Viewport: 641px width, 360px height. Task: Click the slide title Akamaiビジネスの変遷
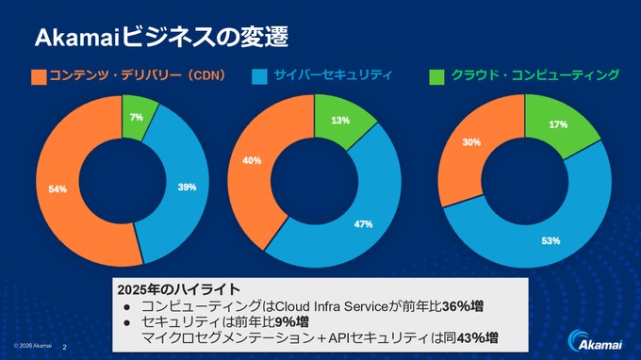pos(161,38)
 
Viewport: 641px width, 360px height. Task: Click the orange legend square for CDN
pos(39,76)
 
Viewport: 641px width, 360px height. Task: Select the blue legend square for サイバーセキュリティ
pos(259,76)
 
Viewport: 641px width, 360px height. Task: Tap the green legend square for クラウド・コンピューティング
pos(436,76)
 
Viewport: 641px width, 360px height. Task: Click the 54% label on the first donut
pos(58,189)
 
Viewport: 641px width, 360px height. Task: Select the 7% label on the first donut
pos(137,118)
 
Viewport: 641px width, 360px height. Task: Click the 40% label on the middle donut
pos(252,160)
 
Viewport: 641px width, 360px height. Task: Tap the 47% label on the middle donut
pos(363,224)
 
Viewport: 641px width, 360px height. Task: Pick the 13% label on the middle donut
pos(340,121)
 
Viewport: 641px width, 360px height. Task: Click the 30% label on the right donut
pos(471,142)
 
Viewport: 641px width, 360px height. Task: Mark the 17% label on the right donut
pos(557,124)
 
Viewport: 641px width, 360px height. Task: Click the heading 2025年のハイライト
pos(176,287)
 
